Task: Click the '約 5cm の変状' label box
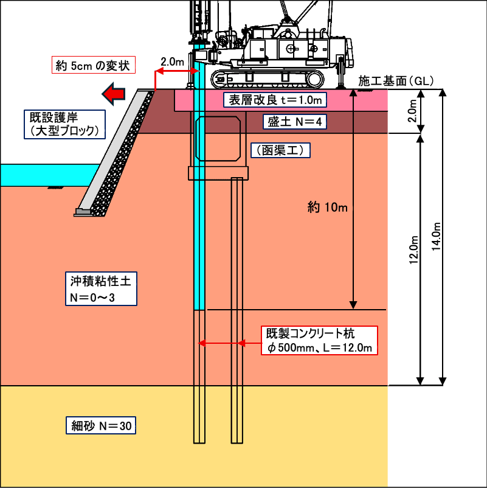click(93, 64)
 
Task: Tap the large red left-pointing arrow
click(114, 93)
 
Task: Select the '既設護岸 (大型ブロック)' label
click(64, 124)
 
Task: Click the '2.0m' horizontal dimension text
click(172, 62)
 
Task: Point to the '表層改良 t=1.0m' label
click(275, 100)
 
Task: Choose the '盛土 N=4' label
click(294, 121)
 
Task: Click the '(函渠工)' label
click(280, 150)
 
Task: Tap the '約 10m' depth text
click(328, 207)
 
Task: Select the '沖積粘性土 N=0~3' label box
click(101, 288)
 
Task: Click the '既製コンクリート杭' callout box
click(319, 341)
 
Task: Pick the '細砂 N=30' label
click(101, 425)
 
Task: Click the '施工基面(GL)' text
click(396, 81)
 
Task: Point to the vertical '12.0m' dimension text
click(413, 250)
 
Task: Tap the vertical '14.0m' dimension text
click(437, 237)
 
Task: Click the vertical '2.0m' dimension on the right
click(412, 111)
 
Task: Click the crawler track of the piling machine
click(268, 79)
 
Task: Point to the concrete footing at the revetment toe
click(83, 212)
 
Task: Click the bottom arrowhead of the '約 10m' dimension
click(353, 305)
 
